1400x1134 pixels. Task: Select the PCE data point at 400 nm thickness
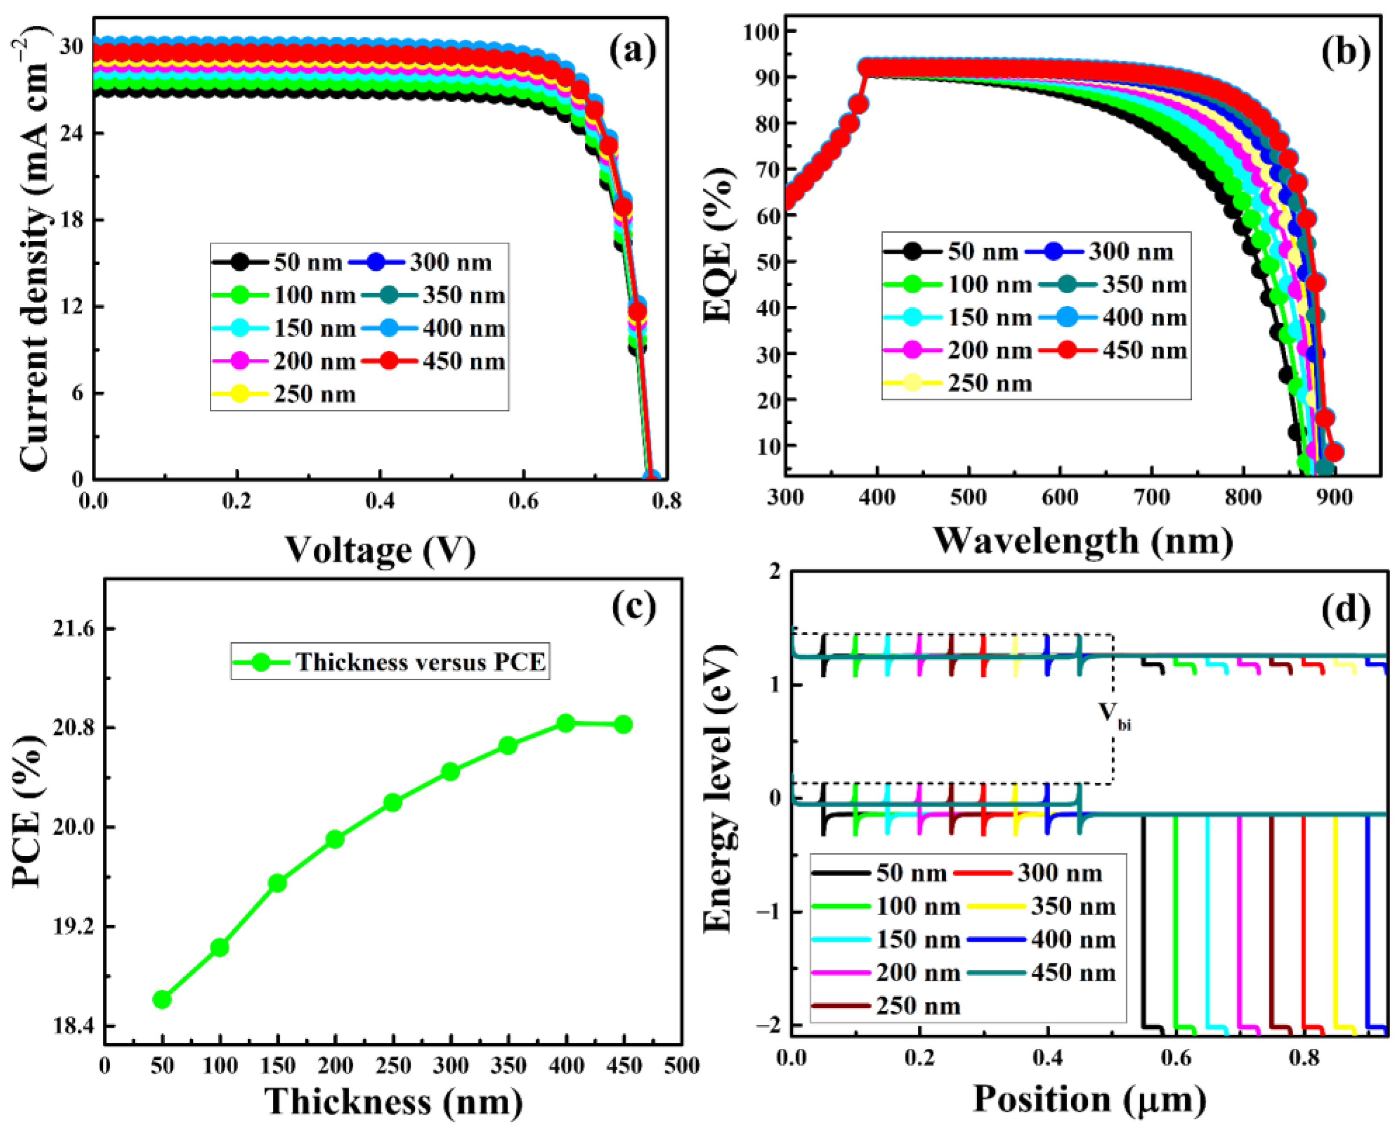coord(566,723)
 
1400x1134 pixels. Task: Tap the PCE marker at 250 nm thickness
coord(392,802)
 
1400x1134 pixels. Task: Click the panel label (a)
coord(632,52)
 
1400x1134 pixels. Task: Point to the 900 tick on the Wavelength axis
coord(1335,498)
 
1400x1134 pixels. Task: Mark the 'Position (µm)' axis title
coord(1089,1099)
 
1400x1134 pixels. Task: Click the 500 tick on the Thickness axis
coord(682,1066)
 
